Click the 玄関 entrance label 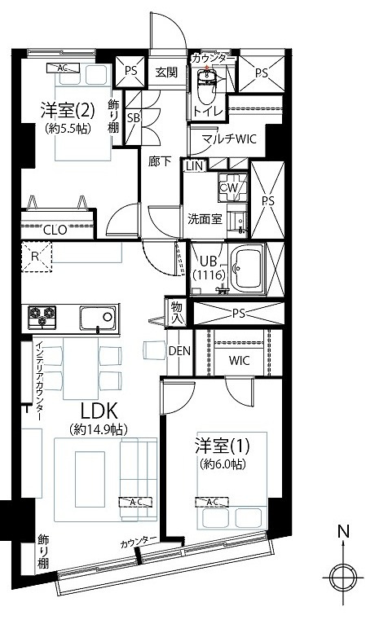[x=166, y=73]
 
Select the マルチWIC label [x=228, y=139]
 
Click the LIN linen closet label [x=195, y=166]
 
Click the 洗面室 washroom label [x=205, y=219]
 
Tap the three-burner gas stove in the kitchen [x=42, y=317]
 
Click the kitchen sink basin [x=98, y=318]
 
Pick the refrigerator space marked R [x=36, y=257]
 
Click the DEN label [x=179, y=351]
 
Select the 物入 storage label [x=177, y=313]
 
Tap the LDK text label [x=99, y=410]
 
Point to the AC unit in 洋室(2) [x=62, y=68]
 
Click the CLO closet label [x=55, y=230]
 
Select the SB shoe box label [x=133, y=118]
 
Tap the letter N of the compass [x=343, y=532]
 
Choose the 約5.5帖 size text [x=68, y=129]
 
